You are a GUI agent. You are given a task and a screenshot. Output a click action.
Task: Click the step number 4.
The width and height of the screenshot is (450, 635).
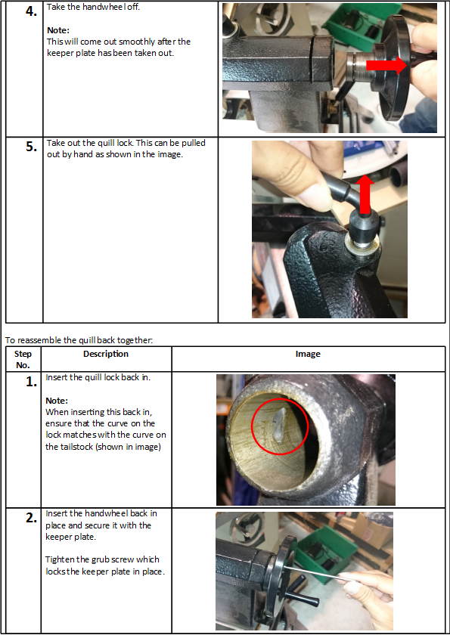(31, 12)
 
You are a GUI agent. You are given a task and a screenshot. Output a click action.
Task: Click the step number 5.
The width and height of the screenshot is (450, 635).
(31, 147)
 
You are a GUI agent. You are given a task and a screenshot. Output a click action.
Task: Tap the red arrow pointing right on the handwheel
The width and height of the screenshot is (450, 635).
(386, 65)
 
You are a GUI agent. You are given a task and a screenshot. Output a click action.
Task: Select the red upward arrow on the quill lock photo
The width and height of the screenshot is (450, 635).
(365, 194)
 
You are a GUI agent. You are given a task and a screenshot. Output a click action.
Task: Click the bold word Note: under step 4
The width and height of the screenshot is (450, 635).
(58, 30)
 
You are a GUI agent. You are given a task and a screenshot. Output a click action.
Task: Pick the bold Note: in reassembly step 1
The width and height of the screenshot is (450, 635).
(57, 401)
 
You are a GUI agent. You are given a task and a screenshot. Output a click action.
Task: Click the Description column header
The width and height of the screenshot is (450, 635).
(106, 354)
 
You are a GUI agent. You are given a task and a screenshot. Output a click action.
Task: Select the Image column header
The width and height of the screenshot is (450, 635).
(308, 354)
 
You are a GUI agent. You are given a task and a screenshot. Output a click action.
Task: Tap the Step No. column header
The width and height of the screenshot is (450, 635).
(23, 359)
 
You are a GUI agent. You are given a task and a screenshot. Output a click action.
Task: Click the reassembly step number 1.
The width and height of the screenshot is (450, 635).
(31, 382)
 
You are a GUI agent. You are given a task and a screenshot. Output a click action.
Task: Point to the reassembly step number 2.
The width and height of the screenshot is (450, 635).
(31, 518)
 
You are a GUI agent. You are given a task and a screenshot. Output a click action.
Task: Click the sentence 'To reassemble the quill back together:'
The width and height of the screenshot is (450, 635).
(79, 340)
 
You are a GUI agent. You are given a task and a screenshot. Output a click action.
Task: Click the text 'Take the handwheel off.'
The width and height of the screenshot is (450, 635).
(93, 7)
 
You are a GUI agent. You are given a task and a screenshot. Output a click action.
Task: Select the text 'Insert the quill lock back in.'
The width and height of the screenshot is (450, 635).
(98, 377)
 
